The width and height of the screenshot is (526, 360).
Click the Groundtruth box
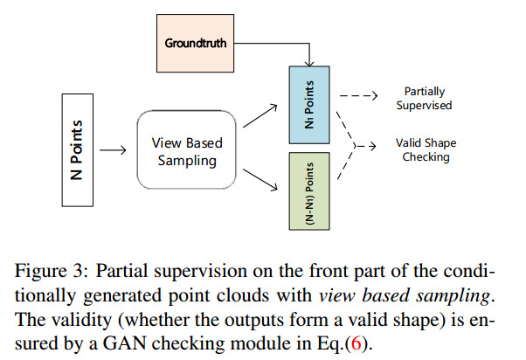[195, 43]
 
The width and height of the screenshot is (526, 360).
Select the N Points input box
[78, 150]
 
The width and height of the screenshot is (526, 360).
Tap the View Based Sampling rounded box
[186, 149]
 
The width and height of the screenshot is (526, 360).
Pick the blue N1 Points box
[309, 105]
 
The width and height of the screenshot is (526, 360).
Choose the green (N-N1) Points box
[309, 191]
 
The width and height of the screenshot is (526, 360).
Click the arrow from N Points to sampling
[113, 150]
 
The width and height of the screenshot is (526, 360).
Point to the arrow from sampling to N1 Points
[260, 115]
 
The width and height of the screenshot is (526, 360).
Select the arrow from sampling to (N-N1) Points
[260, 180]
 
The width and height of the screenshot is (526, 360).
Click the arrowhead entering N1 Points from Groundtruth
[309, 63]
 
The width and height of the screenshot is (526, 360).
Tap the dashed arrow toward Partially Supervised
[358, 96]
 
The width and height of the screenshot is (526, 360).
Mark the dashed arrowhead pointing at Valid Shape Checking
[372, 146]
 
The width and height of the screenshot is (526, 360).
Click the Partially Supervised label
[424, 99]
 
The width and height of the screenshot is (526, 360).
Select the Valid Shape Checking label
[426, 150]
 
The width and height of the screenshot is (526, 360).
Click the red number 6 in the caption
[356, 343]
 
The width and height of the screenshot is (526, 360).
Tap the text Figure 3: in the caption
[52, 271]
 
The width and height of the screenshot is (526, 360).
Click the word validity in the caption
[80, 320]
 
